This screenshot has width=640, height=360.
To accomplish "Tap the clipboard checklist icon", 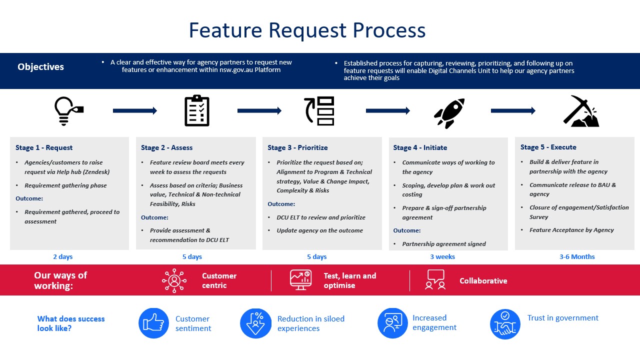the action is (197, 110).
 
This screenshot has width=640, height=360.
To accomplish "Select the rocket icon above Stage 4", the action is (449, 113).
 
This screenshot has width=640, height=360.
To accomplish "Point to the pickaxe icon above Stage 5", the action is (581, 111).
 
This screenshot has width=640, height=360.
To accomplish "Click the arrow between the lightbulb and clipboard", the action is (135, 110).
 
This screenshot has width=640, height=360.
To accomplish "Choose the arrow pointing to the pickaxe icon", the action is (513, 110).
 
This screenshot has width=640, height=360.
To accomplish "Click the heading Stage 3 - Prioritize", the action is (297, 147).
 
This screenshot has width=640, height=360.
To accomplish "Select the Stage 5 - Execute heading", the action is (548, 147).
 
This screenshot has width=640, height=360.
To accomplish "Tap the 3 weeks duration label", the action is (442, 256).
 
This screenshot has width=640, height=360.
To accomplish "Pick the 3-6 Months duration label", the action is (577, 256).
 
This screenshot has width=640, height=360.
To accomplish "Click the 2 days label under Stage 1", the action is (63, 256).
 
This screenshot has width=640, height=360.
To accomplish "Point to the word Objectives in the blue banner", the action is (40, 67).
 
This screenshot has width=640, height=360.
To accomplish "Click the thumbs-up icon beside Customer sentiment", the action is (153, 323).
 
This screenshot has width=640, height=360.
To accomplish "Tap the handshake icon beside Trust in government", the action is (505, 324).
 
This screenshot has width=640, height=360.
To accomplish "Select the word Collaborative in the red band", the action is (483, 281).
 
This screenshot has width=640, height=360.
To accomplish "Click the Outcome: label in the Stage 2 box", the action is (154, 217).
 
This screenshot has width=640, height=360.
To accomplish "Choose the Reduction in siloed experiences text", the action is (311, 323).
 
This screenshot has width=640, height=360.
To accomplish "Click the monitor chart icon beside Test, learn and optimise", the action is (300, 280).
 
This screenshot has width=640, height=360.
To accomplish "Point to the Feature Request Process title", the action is (307, 30).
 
